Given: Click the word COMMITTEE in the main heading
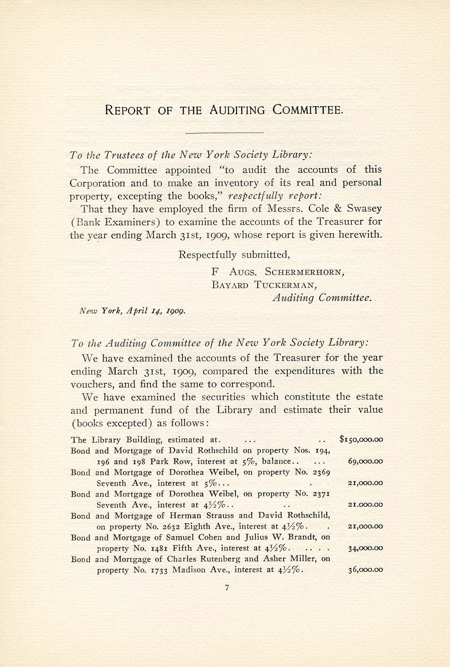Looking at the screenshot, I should coord(308,110).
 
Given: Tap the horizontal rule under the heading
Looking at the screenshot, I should coord(224,132).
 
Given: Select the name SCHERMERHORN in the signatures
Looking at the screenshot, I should coord(305,272).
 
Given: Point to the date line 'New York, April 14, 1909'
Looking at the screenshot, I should coord(132,311).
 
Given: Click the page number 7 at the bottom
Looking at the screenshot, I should coord(226,598).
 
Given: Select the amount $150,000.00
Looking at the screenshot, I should coord(361,439).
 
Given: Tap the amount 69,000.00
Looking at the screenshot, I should coord(365,461).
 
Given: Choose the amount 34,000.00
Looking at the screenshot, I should coord(365,548).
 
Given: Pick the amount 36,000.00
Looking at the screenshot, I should coord(365,570).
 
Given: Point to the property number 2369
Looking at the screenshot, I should coord(321,472).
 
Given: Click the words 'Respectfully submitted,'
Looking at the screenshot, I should coord(234,254).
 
